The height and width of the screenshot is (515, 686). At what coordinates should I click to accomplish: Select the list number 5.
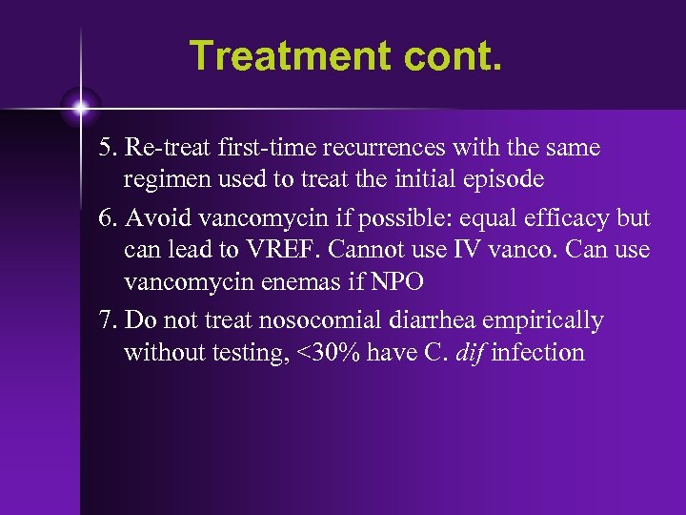[108, 149]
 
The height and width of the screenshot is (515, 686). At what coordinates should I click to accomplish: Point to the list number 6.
[108, 218]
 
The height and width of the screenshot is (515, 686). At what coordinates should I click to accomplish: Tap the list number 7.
[108, 319]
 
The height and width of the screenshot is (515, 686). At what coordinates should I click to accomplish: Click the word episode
[504, 180]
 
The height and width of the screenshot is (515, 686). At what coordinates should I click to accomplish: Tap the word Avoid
[157, 218]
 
